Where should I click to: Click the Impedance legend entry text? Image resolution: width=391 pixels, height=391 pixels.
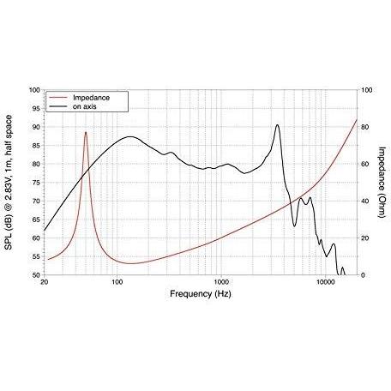pos(91,98)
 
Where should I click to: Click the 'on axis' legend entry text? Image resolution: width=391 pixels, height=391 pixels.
pos(84,106)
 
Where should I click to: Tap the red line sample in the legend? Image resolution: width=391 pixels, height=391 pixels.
pos(58,98)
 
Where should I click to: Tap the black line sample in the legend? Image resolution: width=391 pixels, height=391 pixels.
pos(58,106)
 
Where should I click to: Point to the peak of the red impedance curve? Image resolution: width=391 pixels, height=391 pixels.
pos(86,132)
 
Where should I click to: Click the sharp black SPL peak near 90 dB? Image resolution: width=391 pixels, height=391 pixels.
pos(277,125)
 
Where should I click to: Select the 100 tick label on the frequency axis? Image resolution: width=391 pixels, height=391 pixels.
pos(117,282)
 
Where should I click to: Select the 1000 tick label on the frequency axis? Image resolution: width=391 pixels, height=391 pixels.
pos(221,282)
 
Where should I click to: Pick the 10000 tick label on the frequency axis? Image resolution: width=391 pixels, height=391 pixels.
pos(325,282)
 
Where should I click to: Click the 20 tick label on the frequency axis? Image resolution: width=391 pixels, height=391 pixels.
pos(44,282)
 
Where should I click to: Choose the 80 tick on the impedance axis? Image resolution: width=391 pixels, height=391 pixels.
pos(365,127)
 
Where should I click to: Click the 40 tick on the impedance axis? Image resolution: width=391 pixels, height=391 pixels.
pos(365,202)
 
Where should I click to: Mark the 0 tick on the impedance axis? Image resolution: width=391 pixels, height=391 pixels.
pos(364,275)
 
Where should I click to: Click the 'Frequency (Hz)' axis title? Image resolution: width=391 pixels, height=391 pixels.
pos(201,294)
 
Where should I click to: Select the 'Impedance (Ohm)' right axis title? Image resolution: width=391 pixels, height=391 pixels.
pos(382,182)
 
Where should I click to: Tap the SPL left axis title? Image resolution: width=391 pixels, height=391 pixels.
pos(9,183)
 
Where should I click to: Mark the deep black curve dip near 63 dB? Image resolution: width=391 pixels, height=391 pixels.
pos(295,226)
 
